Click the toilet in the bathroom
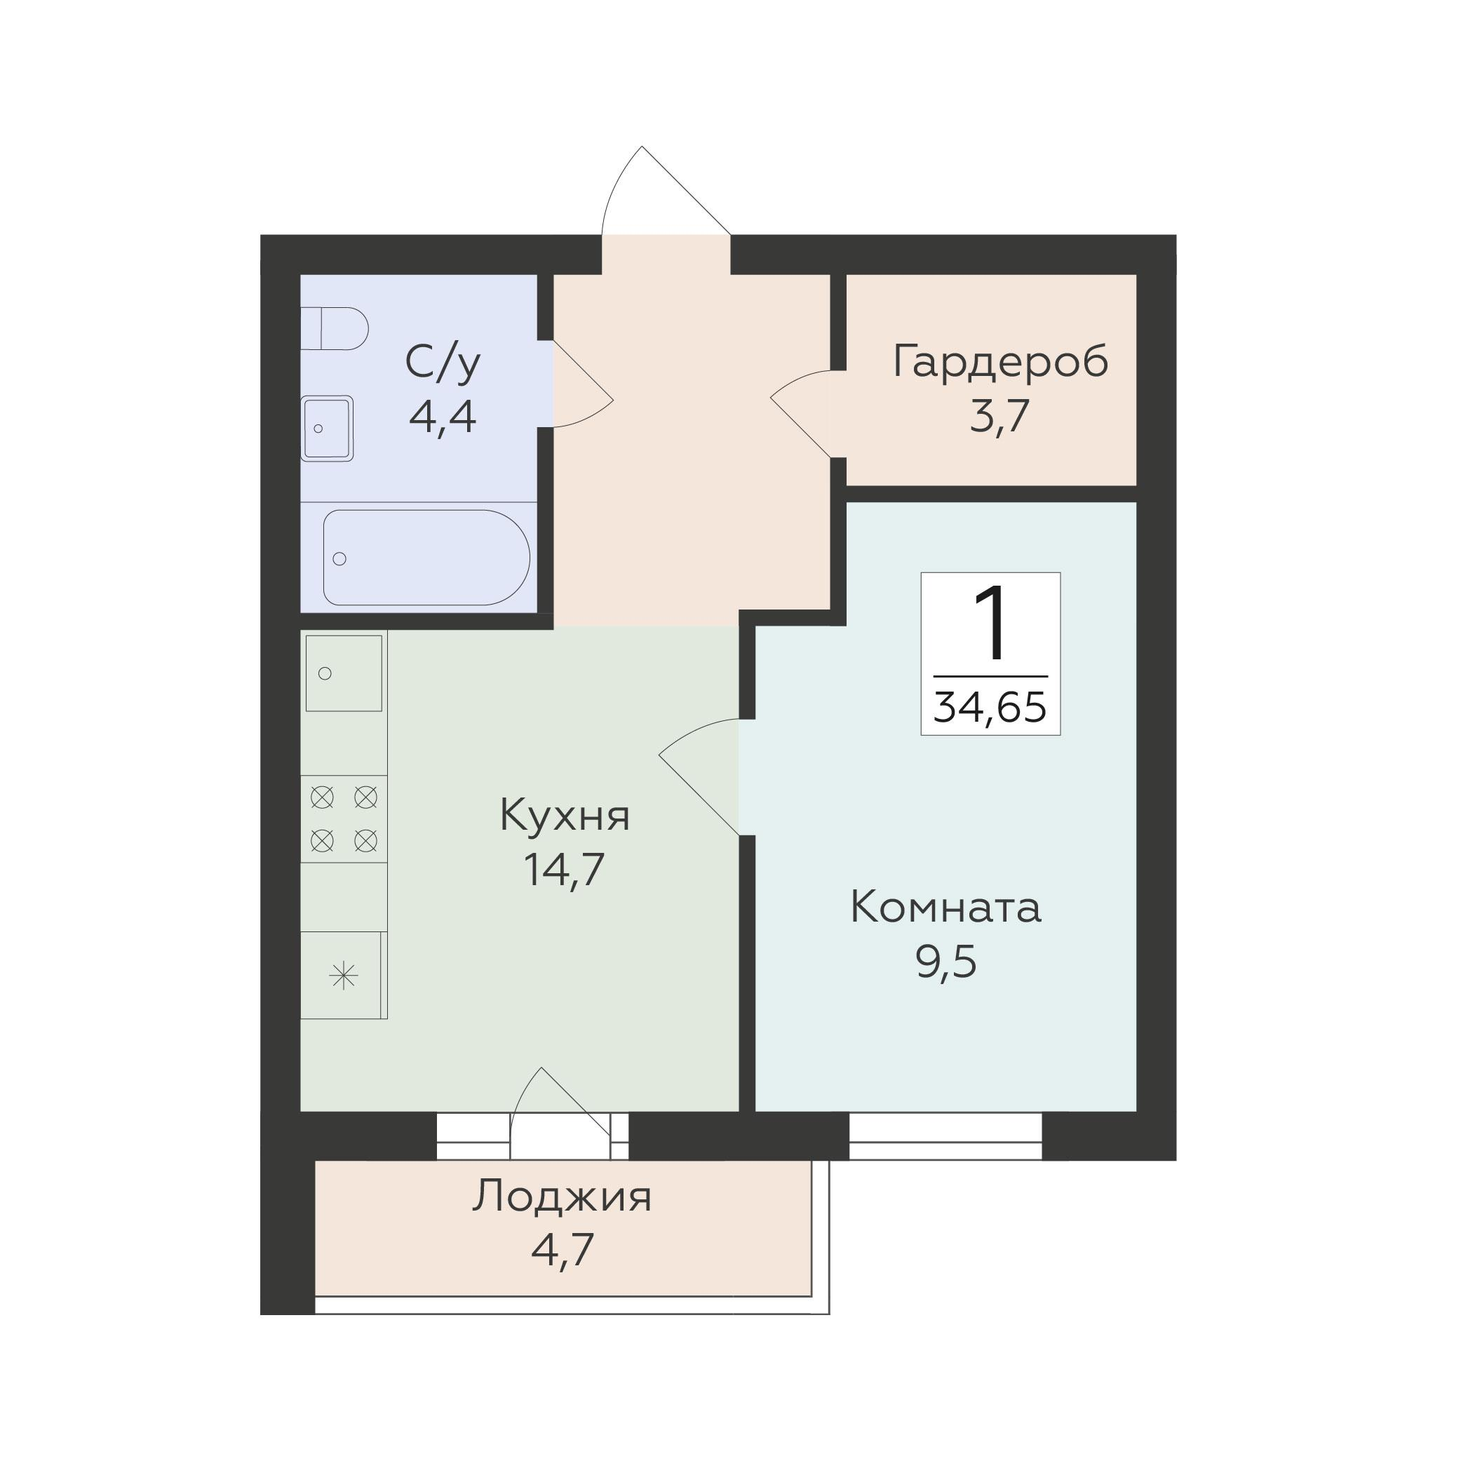pos(335,328)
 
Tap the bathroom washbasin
pos(327,428)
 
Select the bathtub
pos(426,558)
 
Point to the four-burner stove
pos(344,819)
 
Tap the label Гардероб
pos(1000,361)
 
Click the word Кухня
pos(564,816)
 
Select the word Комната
pos(946,908)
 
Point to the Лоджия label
pos(562,1197)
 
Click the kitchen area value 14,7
pos(564,870)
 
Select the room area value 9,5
pos(947,962)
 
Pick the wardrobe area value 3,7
pos(999,417)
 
